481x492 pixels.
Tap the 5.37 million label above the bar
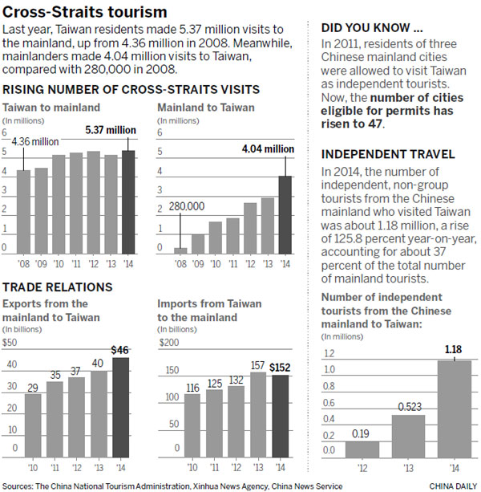pyautogui.click(x=111, y=129)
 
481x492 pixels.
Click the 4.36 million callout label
pyautogui.click(x=34, y=141)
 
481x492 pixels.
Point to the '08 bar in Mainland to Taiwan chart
pyautogui.click(x=180, y=249)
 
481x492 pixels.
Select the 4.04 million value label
pyautogui.click(x=267, y=148)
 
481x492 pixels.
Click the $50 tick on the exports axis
pyautogui.click(x=10, y=343)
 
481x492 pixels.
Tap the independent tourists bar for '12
pyautogui.click(x=362, y=448)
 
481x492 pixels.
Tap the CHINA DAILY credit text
pyautogui.click(x=454, y=486)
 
